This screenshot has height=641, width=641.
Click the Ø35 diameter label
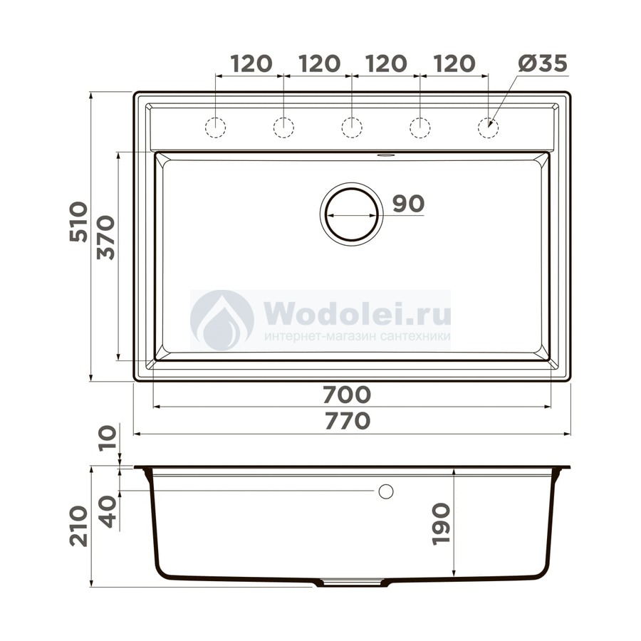click(543, 63)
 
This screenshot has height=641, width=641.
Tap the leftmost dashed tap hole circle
click(215, 127)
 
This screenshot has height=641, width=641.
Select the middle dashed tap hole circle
click(352, 127)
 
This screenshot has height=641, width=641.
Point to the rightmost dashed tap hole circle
click(488, 127)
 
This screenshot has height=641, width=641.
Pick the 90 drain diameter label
click(409, 203)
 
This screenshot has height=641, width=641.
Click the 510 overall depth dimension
click(78, 222)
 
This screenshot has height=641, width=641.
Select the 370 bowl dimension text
click(105, 237)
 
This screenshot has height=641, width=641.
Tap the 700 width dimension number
click(347, 395)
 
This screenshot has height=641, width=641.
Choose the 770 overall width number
click(348, 421)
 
